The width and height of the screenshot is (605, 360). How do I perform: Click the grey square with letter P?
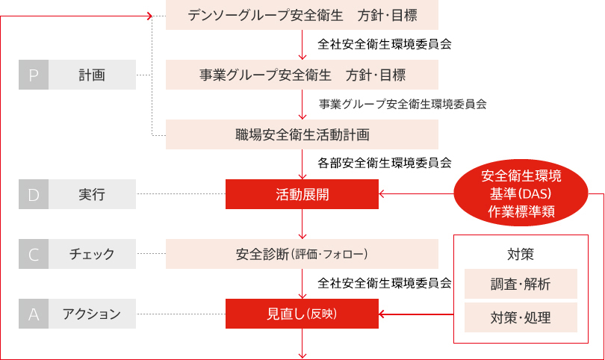pyautogui.click(x=34, y=75)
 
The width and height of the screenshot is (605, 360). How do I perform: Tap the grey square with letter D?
pyautogui.click(x=34, y=195)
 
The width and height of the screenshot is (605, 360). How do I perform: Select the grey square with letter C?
pyautogui.click(x=34, y=254)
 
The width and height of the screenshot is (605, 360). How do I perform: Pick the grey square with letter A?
pyautogui.click(x=34, y=314)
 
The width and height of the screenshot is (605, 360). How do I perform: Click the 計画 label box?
pyautogui.click(x=92, y=75)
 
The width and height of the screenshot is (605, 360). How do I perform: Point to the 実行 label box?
pyautogui.click(x=92, y=195)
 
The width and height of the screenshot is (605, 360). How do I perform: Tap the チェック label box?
pyautogui.click(x=92, y=254)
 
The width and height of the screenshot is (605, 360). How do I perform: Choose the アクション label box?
pyautogui.click(x=92, y=314)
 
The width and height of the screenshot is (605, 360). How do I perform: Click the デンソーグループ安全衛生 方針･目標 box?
pyautogui.click(x=302, y=15)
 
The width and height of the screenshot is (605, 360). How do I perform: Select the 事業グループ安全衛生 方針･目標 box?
pyautogui.click(x=302, y=75)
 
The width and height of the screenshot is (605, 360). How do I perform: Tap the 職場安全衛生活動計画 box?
pyautogui.click(x=302, y=134)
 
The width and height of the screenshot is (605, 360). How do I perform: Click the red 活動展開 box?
pyautogui.click(x=302, y=195)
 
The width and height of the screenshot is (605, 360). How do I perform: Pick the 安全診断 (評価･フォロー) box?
pyautogui.click(x=302, y=254)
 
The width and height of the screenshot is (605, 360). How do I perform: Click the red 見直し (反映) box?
pyautogui.click(x=302, y=314)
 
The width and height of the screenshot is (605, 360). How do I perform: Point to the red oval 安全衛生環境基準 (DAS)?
pyautogui.click(x=521, y=194)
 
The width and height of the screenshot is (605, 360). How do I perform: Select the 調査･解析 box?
pyautogui.click(x=521, y=284)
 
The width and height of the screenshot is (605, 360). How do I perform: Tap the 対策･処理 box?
pyautogui.click(x=521, y=317)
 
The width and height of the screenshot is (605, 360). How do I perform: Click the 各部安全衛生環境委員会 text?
pyautogui.click(x=385, y=162)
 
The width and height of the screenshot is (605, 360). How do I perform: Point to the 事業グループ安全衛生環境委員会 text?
pyautogui.click(x=403, y=104)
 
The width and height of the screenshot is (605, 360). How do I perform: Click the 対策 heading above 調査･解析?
pyautogui.click(x=521, y=253)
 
